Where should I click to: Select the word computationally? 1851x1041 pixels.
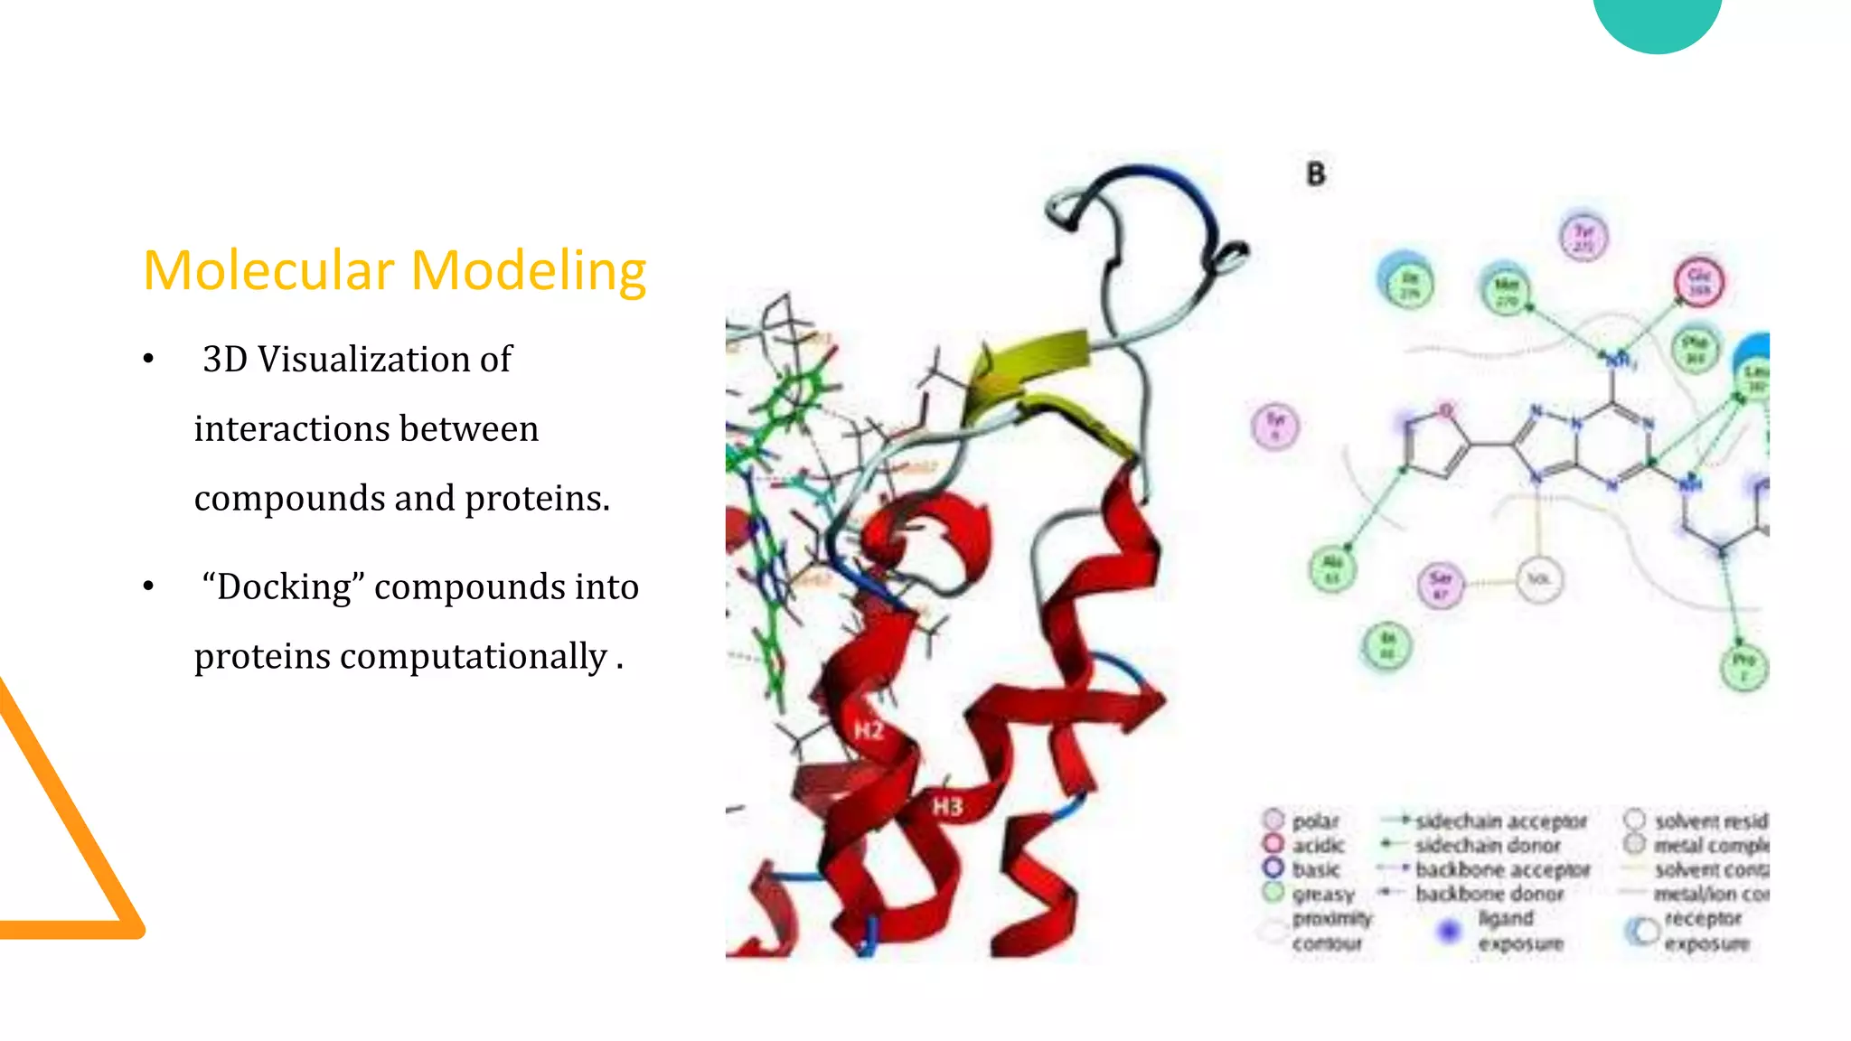pyautogui.click(x=473, y=657)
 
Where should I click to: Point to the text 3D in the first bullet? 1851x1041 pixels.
pyautogui.click(x=225, y=360)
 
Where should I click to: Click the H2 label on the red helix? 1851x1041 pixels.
pyautogui.click(x=869, y=730)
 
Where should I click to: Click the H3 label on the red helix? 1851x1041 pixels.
pyautogui.click(x=947, y=806)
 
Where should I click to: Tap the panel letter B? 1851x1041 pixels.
pyautogui.click(x=1316, y=174)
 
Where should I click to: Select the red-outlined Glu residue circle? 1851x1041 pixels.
pyautogui.click(x=1699, y=281)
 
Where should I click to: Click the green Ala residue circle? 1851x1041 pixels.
pyautogui.click(x=1333, y=568)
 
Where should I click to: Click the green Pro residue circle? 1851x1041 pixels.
pyautogui.click(x=1743, y=667)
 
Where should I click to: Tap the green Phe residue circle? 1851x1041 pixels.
pyautogui.click(x=1695, y=349)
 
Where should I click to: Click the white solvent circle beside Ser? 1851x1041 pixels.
pyautogui.click(x=1539, y=579)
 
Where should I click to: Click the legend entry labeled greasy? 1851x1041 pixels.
pyautogui.click(x=1322, y=894)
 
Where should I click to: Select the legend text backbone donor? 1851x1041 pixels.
pyautogui.click(x=1489, y=894)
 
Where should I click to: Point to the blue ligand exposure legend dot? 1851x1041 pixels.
pyautogui.click(x=1449, y=930)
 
